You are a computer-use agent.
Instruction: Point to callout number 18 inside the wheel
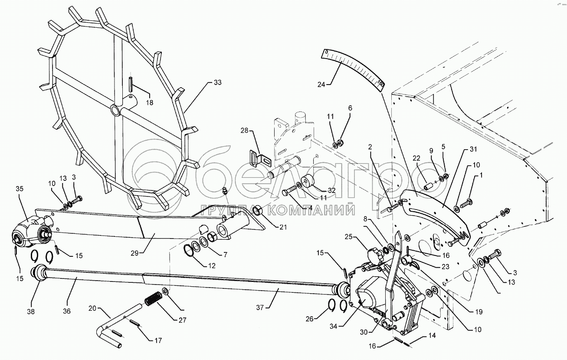pos(149,103)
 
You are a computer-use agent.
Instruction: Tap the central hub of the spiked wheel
pos(116,110)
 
